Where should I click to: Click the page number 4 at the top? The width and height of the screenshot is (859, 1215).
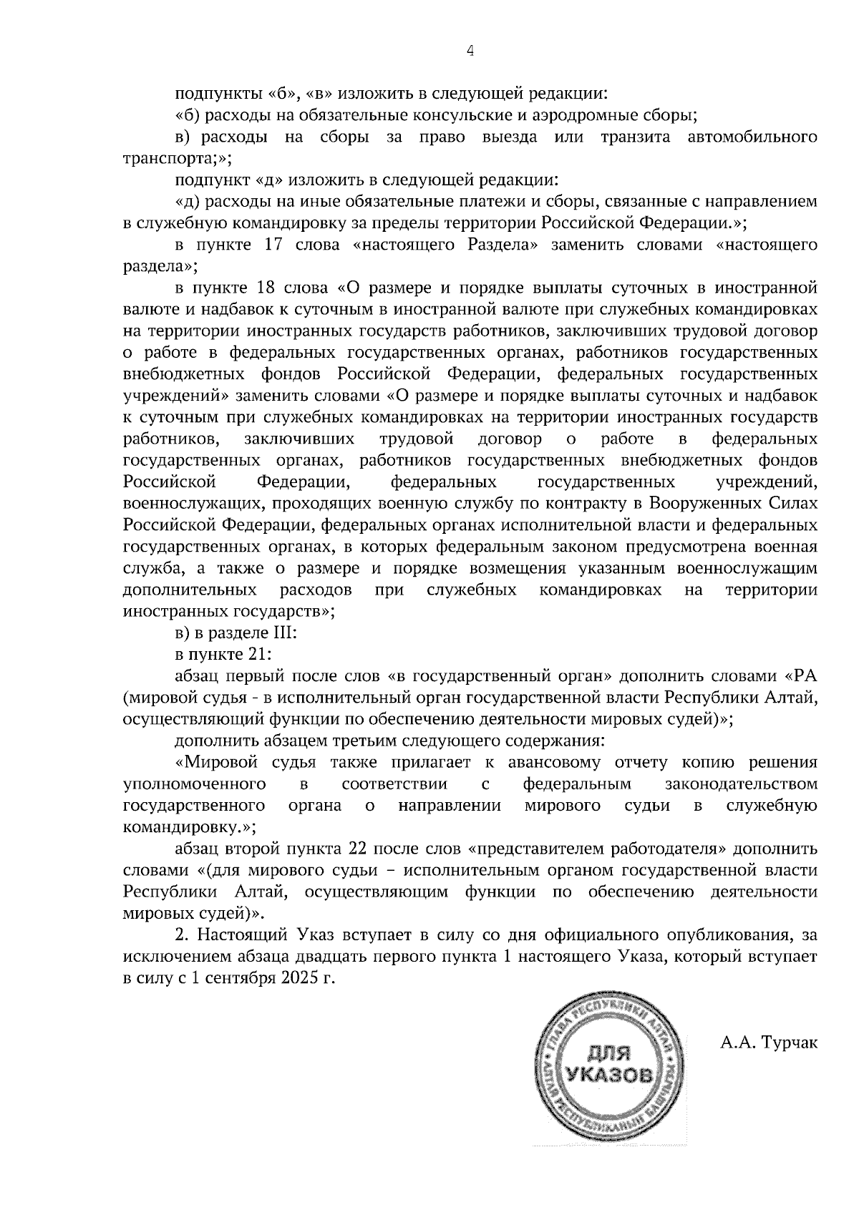tap(470, 51)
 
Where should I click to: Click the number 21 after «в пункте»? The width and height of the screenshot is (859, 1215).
tap(257, 655)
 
